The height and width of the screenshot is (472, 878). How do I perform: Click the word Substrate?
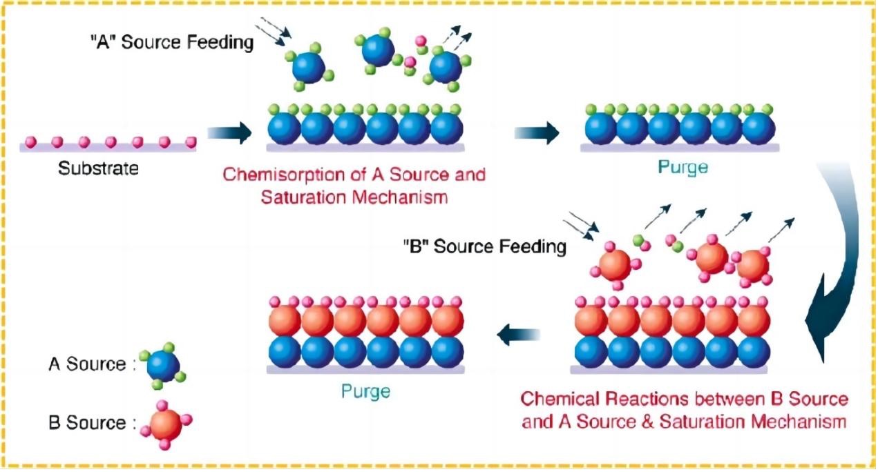(98, 168)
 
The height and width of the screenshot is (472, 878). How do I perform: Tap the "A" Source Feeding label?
(172, 42)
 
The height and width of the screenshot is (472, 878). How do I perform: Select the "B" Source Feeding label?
(485, 246)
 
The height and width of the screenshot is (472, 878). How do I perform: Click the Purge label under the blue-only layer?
(683, 167)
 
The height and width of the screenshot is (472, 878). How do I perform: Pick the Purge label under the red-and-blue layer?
(365, 391)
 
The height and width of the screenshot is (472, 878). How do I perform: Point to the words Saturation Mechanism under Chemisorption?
(354, 197)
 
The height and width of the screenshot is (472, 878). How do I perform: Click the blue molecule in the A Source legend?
(162, 366)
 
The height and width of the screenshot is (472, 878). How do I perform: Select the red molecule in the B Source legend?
(166, 424)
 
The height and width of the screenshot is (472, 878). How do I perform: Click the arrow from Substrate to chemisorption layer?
(229, 132)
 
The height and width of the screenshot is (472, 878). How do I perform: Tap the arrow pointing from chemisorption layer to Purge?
(537, 132)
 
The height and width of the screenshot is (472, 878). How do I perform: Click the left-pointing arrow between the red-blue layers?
(518, 335)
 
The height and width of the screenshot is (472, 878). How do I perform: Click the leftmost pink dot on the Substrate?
(30, 141)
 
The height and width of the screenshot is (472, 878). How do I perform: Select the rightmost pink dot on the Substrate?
(191, 141)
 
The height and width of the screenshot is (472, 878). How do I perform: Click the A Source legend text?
(92, 364)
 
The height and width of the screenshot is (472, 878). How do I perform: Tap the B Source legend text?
(92, 422)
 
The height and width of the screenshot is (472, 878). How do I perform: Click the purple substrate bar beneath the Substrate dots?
(108, 148)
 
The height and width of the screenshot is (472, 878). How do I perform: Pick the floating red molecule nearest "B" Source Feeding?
(615, 265)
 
